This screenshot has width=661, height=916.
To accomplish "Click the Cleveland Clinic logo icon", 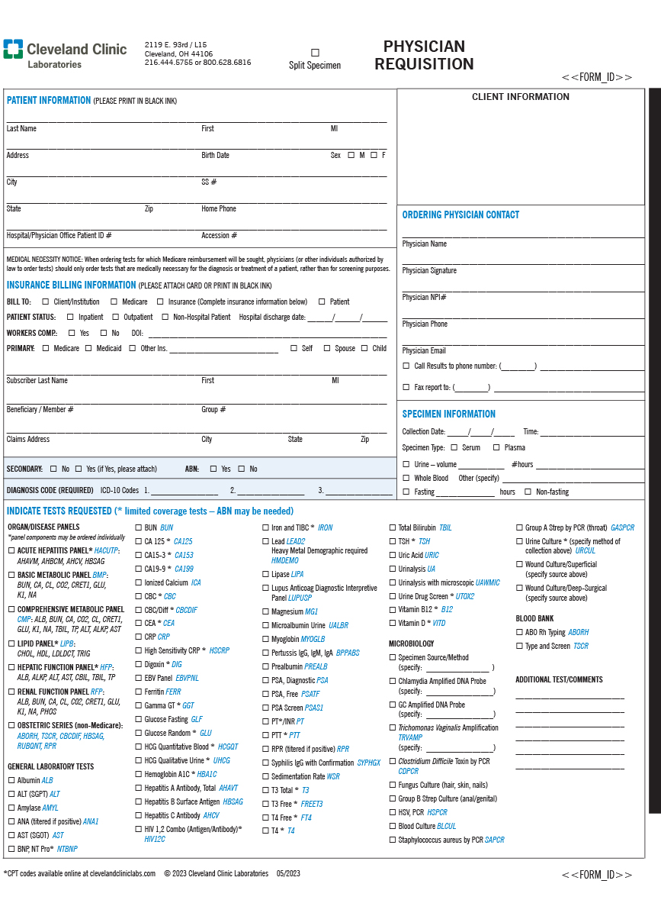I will click(x=13, y=49).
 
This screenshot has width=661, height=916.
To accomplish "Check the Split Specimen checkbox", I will click(x=315, y=53).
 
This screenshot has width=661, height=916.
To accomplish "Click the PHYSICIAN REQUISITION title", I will click(x=424, y=56).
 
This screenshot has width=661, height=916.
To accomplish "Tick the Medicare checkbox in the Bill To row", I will click(x=115, y=302).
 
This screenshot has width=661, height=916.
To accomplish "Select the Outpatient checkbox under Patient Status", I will click(x=116, y=317).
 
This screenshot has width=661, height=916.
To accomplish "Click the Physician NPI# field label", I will click(x=424, y=297).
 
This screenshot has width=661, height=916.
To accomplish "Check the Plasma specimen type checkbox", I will click(x=496, y=447).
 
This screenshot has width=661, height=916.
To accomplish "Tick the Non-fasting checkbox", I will click(x=528, y=492).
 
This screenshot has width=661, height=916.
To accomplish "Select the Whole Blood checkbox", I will click(x=406, y=478).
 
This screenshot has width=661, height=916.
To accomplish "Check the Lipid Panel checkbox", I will click(x=11, y=643).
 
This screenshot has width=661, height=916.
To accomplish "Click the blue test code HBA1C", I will click(x=207, y=774).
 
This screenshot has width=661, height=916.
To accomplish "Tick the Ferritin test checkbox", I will click(x=138, y=692).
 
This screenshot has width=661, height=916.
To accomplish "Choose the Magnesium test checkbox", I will click(x=265, y=611).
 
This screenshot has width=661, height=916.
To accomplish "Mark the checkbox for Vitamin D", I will click(x=392, y=623).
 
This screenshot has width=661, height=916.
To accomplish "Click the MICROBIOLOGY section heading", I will click(x=412, y=643).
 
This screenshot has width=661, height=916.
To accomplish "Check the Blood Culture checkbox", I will click(x=392, y=826).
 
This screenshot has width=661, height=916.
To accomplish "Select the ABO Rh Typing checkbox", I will click(x=518, y=632).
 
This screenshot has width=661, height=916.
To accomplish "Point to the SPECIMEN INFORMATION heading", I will click(x=448, y=414).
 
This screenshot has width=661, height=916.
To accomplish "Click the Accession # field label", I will click(x=219, y=235).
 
